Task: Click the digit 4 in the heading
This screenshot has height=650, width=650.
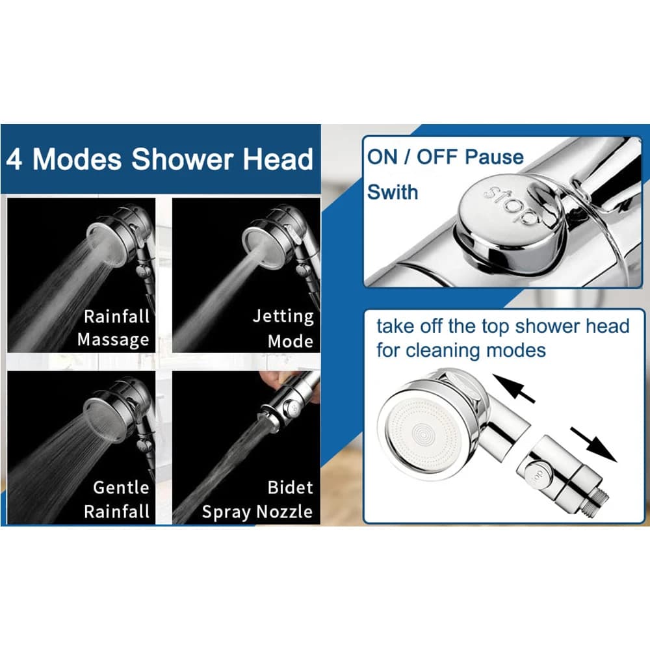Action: (14, 160)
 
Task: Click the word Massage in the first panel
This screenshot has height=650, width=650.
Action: (113, 339)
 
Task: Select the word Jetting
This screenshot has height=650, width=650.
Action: (283, 317)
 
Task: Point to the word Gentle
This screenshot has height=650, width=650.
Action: (121, 487)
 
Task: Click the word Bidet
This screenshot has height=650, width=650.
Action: (290, 487)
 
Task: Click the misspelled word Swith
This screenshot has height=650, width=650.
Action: (393, 192)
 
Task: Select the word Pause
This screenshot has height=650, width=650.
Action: (494, 157)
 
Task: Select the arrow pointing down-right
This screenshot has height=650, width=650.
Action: (593, 445)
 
